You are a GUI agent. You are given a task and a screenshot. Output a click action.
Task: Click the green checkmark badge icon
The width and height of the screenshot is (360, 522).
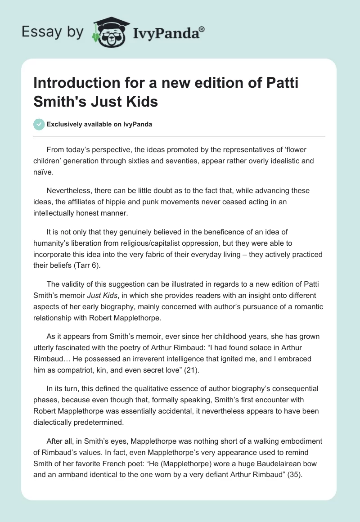(40, 124)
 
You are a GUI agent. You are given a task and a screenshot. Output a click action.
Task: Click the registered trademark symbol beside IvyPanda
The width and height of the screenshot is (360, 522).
(202, 28)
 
